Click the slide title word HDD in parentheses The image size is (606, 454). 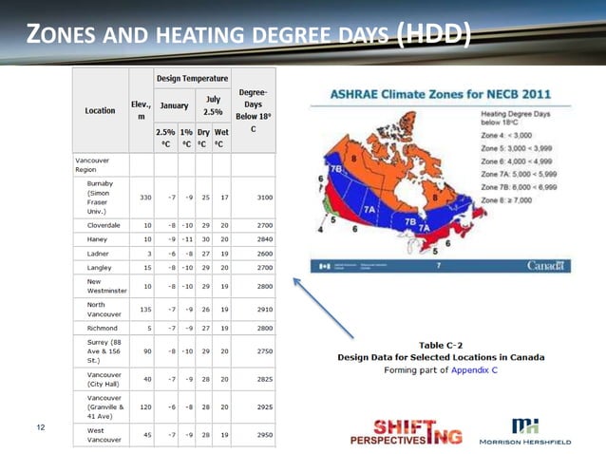coord(431,36)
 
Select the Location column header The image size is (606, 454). coord(100,110)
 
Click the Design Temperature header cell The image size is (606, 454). coord(193,78)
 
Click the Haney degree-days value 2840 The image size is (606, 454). coord(257,240)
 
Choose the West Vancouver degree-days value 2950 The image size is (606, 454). coord(257,435)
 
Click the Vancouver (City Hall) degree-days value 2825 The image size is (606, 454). coord(257,377)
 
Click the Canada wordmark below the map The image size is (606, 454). coord(548,265)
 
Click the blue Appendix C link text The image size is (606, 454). coord(474,369)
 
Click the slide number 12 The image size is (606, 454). coord(41,427)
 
